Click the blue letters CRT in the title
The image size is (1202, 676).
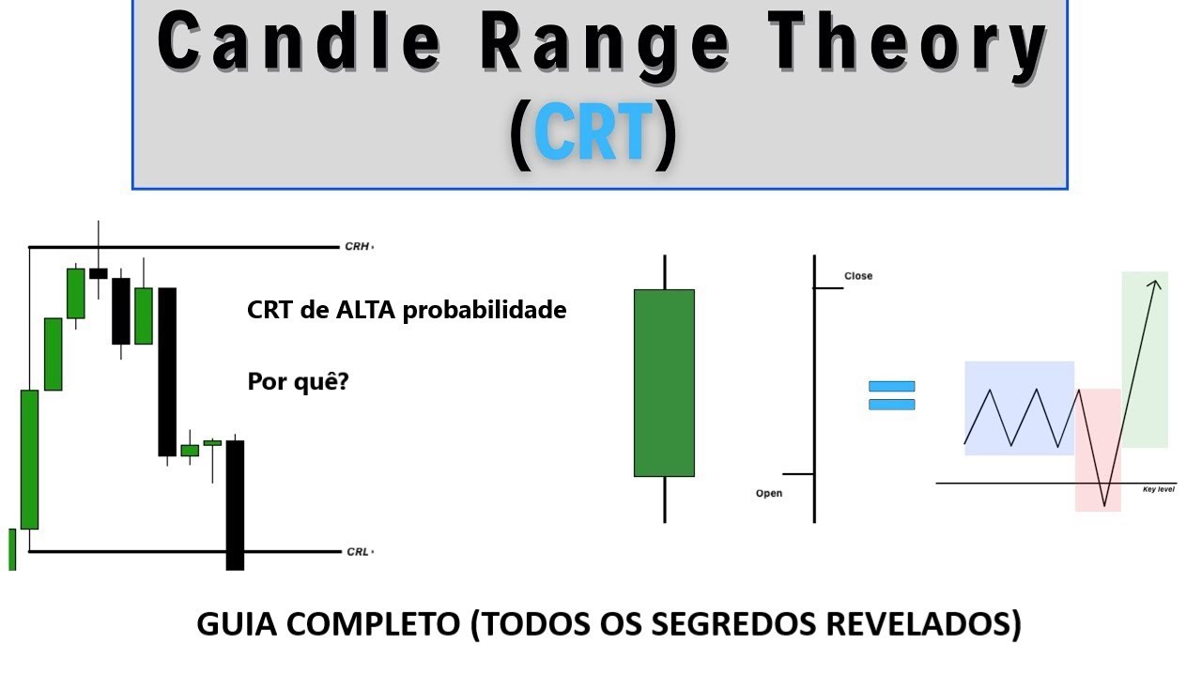pyautogui.click(x=593, y=134)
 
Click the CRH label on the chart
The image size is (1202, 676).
pyautogui.click(x=358, y=247)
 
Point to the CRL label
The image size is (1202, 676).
pyautogui.click(x=358, y=552)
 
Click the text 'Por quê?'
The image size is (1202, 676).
pyautogui.click(x=298, y=382)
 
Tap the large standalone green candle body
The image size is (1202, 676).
pyautogui.click(x=664, y=382)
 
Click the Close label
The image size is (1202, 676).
pyautogui.click(x=858, y=276)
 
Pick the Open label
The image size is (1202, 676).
pyautogui.click(x=769, y=494)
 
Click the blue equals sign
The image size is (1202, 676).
pyautogui.click(x=891, y=395)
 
